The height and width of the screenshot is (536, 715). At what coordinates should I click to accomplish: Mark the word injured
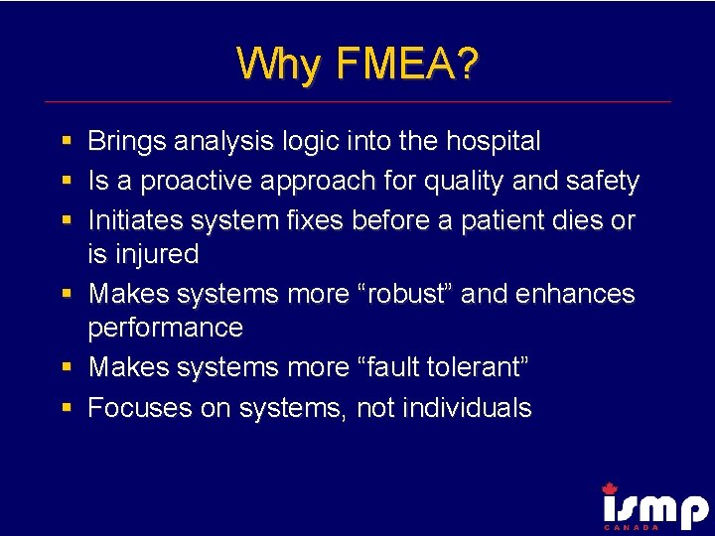click(156, 255)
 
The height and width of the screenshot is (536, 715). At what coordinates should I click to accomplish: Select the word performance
click(166, 328)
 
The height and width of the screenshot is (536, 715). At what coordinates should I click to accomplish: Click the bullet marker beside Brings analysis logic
click(66, 142)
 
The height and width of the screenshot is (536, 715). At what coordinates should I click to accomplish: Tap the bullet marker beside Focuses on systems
click(66, 408)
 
